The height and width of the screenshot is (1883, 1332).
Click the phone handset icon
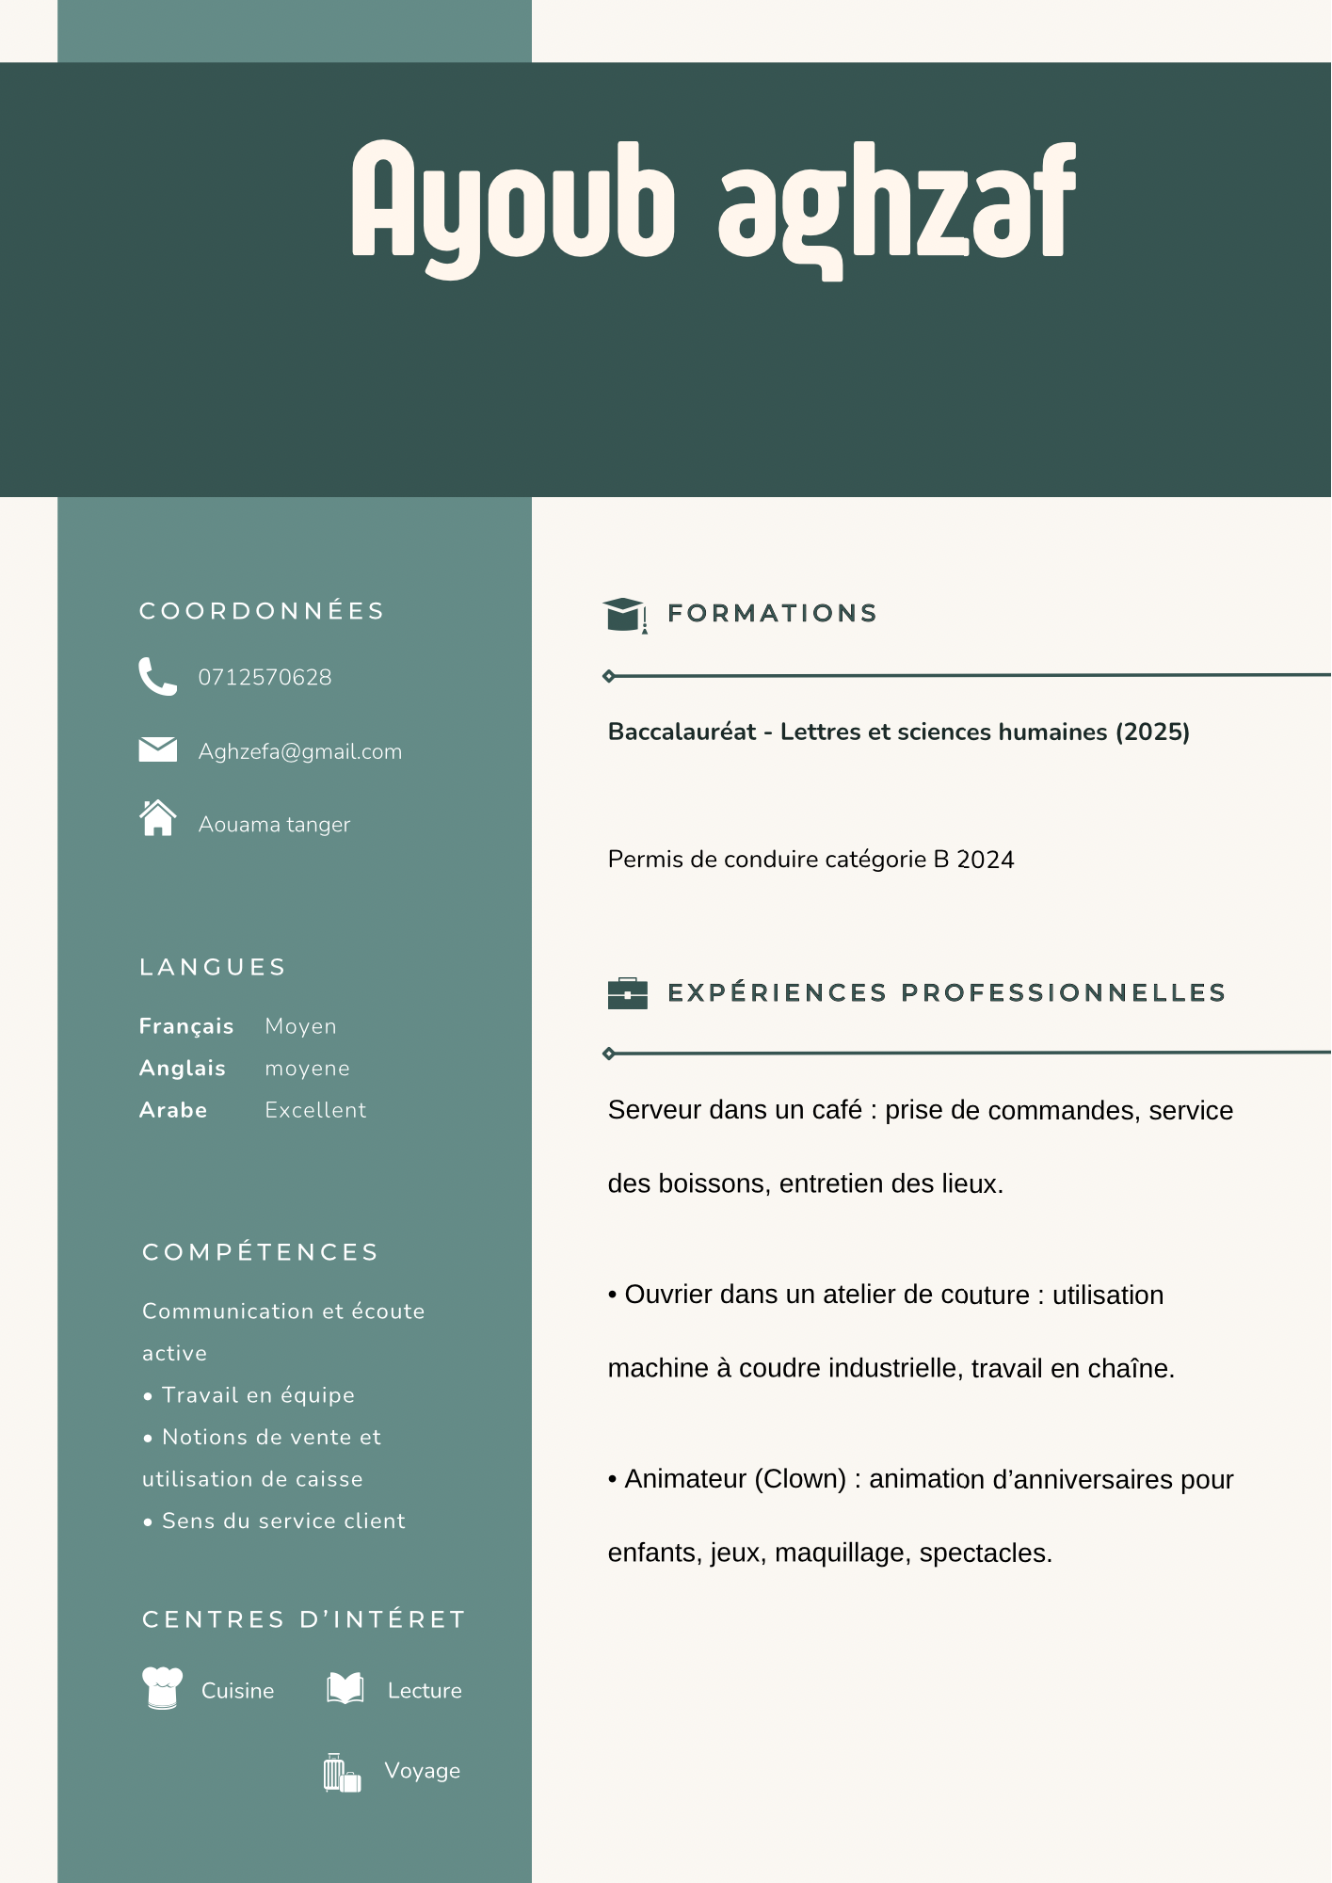coord(157,676)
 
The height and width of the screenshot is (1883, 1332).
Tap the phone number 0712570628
coord(265,677)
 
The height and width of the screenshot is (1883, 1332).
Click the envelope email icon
coord(157,749)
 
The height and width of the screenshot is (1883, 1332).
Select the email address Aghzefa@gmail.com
coord(299,751)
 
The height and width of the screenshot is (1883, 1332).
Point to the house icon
coord(157,817)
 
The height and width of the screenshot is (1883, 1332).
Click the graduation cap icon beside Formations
coord(624,614)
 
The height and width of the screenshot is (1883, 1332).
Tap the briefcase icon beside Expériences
coord(628,993)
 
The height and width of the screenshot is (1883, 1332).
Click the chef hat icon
coord(162,1687)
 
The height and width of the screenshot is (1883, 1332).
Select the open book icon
coord(345,1688)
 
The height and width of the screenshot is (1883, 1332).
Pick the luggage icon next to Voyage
coord(342,1773)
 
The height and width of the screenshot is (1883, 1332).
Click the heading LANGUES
coord(213,967)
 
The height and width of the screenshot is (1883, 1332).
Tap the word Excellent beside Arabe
coord(315,1110)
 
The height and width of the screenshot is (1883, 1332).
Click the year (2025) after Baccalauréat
coord(1152,732)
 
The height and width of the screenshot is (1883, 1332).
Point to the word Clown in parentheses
coord(800,1479)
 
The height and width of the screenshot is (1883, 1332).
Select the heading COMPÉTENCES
coord(260,1252)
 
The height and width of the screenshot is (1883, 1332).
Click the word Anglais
coord(183,1068)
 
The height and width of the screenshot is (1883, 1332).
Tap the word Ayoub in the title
coord(513,202)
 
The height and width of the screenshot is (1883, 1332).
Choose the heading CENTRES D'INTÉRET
coord(304,1619)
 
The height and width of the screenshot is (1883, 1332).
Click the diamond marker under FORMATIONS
coord(609,676)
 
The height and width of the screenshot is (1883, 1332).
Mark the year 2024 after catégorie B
coord(985,860)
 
